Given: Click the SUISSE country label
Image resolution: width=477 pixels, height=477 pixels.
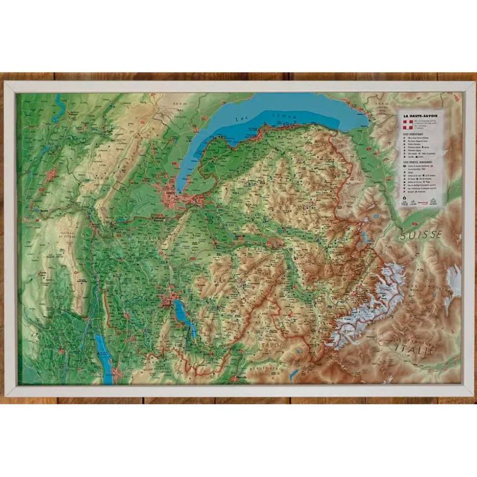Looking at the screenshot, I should (x=420, y=235).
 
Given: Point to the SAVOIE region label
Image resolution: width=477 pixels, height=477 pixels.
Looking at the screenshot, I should (x=274, y=346).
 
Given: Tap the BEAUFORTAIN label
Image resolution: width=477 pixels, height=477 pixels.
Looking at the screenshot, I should (x=264, y=367).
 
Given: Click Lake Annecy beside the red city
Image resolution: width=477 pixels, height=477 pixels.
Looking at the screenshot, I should (x=181, y=312).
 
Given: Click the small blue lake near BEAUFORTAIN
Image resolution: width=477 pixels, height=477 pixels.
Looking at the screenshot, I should (x=294, y=374).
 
